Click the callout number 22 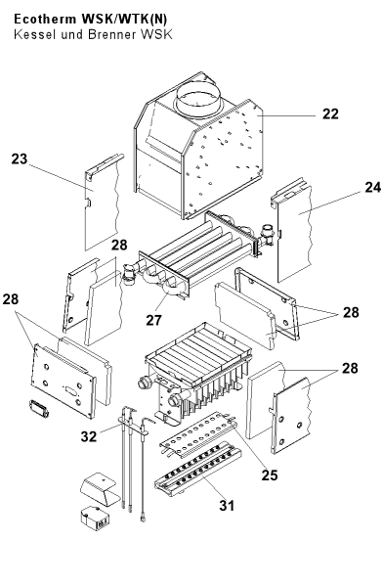pos(330,113)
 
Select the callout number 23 pos(20,158)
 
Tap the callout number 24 pos(373,187)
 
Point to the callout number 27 pos(153,320)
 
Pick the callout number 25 pos(270,475)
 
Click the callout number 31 pos(227,506)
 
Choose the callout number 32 pos(89,436)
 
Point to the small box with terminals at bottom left pos(95,519)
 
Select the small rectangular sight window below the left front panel pos(38,408)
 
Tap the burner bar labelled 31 pos(198,470)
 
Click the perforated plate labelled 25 pos(198,433)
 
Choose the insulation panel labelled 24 pos(293,230)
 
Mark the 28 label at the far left pos(11,299)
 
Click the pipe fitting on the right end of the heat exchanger pos(268,234)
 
